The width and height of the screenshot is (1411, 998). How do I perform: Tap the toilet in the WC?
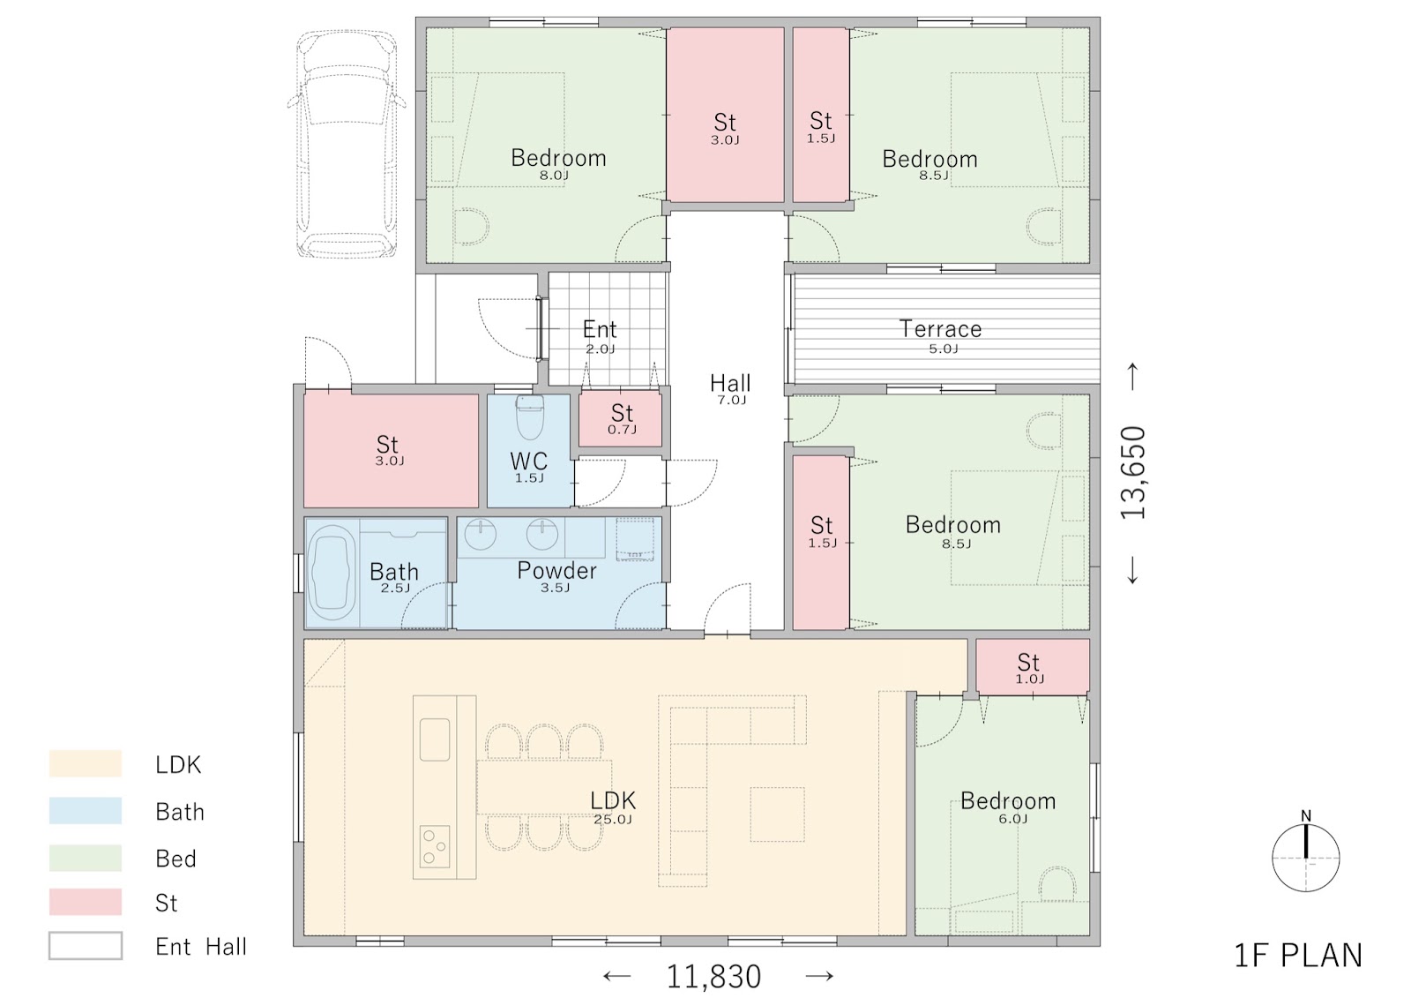529,416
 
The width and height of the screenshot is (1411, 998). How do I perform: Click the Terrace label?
940,328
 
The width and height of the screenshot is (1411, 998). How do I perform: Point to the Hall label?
730,383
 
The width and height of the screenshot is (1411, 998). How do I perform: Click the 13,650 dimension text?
1132,473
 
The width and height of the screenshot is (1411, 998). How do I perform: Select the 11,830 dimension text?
713,977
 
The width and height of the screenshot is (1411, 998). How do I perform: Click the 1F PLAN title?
1297,955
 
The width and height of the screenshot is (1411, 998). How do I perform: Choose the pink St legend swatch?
86,902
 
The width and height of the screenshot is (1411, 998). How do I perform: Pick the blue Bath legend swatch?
86,811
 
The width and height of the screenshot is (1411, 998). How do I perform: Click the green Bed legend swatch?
86,858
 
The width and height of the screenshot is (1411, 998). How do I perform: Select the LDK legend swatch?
86,763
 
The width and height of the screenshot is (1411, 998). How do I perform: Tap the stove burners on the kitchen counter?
435,846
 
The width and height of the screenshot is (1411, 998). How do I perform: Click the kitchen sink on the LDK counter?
435,739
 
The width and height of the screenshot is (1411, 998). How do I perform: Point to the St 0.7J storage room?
621,418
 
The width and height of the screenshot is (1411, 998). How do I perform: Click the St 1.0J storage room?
1033,667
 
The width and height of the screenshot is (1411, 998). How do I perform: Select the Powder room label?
556,570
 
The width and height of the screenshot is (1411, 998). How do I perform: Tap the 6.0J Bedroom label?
1008,800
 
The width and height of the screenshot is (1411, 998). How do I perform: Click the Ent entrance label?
600,328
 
